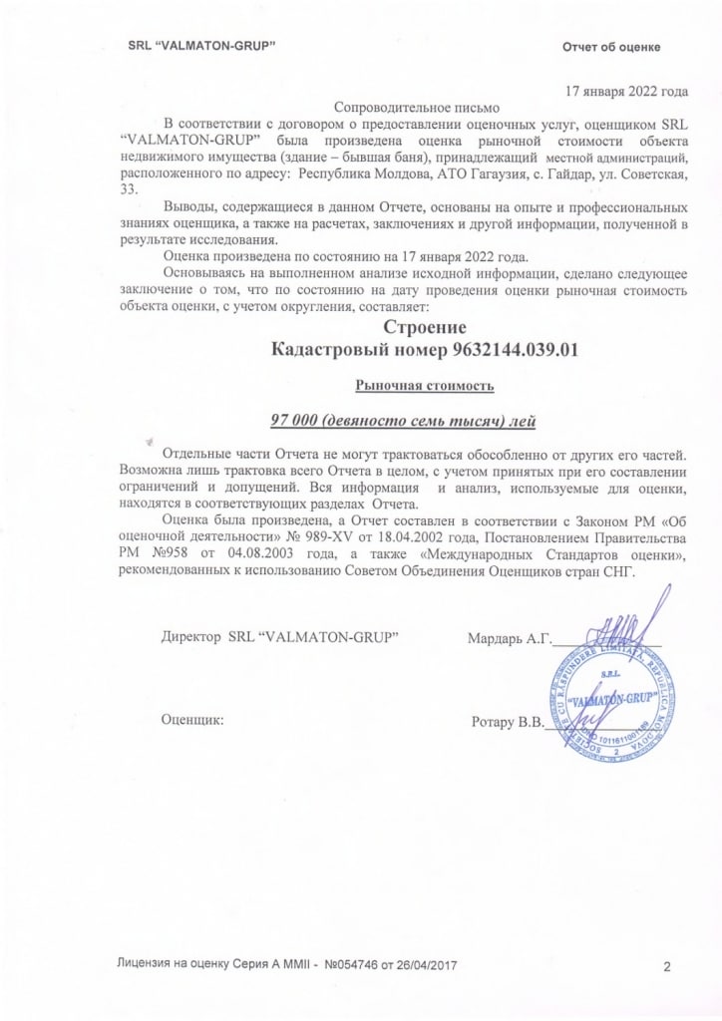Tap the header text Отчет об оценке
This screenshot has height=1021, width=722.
(x=611, y=48)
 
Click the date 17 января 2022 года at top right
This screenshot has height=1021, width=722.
(x=626, y=92)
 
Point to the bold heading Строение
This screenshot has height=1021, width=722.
(x=425, y=326)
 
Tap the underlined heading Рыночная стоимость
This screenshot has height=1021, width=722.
(x=425, y=385)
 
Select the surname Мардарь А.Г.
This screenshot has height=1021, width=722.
(x=509, y=637)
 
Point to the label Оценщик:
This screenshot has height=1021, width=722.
(x=192, y=719)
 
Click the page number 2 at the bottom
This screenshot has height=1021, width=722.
(x=665, y=966)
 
